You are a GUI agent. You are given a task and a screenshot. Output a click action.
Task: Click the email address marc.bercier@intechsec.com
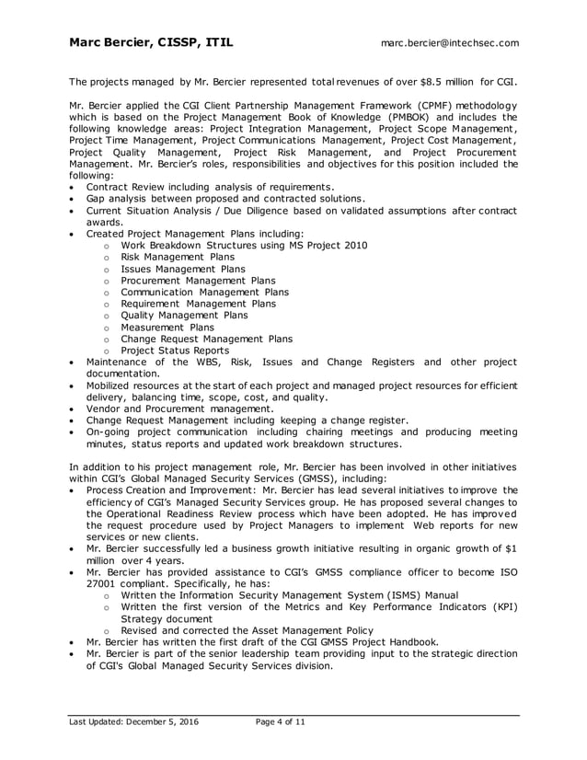tap(450, 42)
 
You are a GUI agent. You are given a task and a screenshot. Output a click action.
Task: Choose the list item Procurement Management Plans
tap(198, 280)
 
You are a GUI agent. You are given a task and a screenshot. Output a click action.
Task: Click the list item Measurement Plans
tap(167, 327)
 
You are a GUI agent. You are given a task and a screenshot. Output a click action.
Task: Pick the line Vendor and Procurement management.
tap(179, 408)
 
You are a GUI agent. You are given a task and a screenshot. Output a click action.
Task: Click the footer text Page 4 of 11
tap(280, 722)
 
